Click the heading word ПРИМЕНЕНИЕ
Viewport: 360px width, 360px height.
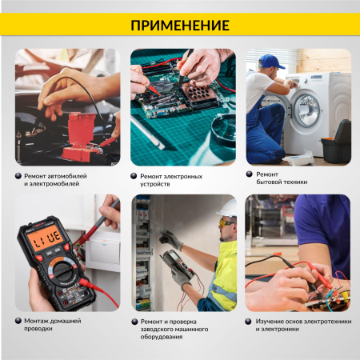(x=179, y=25)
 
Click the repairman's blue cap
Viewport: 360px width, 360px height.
(x=271, y=62)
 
